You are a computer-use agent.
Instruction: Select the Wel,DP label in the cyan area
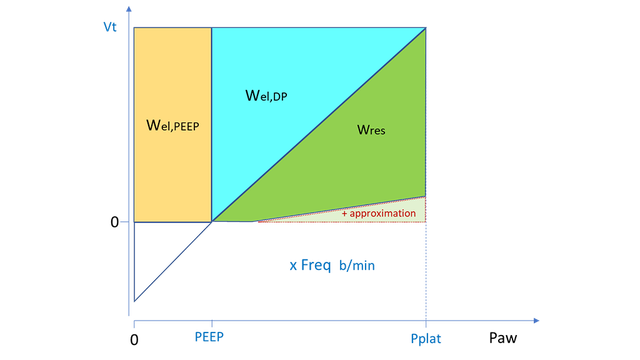point(265,96)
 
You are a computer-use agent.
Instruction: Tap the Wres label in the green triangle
point(370,129)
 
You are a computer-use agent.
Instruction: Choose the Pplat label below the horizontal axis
point(427,339)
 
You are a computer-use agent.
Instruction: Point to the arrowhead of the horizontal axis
point(536,321)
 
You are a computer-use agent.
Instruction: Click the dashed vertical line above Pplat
point(427,270)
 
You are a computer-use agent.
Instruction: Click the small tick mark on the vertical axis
point(124,222)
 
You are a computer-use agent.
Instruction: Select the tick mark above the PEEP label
point(211,322)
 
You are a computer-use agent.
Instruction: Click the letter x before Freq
point(293,266)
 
